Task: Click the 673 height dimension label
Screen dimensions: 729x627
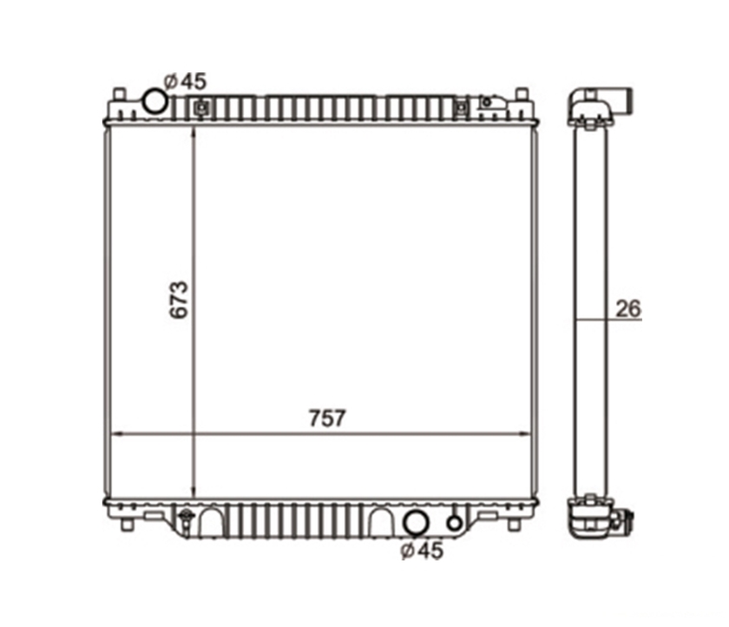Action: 179,300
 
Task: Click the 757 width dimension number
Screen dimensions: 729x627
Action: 327,419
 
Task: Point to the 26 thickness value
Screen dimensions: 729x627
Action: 628,309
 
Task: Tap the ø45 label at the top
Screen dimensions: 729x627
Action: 185,82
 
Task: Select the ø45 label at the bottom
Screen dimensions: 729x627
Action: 422,551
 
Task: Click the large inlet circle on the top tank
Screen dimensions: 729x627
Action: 154,101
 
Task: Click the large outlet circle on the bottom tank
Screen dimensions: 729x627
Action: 416,524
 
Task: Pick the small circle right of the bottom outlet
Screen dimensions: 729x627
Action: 454,524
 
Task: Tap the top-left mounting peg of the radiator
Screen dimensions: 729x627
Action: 119,94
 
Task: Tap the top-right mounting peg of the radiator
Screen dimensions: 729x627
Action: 522,94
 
